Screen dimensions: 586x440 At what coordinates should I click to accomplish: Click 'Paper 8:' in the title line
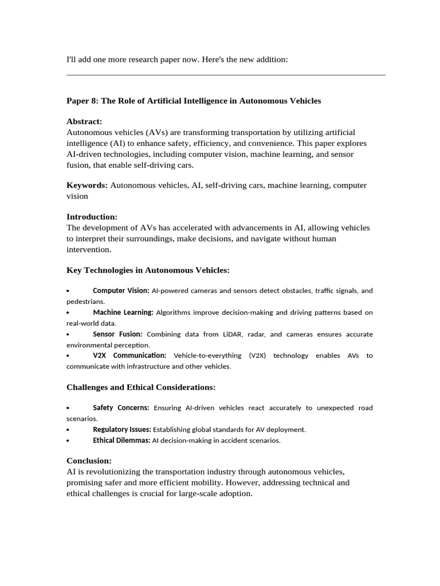tap(82, 101)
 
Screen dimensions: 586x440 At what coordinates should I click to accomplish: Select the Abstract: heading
tap(84, 122)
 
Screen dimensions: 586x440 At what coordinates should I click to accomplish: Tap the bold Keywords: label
tap(87, 185)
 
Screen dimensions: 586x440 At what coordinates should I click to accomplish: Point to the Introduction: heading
tap(92, 217)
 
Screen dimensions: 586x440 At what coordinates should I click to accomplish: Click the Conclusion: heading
tap(89, 461)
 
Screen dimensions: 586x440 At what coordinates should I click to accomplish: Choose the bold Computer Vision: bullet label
tap(121, 291)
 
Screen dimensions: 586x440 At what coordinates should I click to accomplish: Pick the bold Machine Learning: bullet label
tap(123, 312)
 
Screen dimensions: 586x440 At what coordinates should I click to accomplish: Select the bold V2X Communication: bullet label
tap(129, 355)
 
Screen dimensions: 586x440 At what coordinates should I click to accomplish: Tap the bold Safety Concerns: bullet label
tap(121, 408)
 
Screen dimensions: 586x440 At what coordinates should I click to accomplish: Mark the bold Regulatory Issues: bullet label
tap(122, 429)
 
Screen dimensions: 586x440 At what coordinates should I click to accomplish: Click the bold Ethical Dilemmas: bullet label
tap(121, 441)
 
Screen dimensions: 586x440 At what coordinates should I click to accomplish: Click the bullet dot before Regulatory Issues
tap(68, 430)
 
